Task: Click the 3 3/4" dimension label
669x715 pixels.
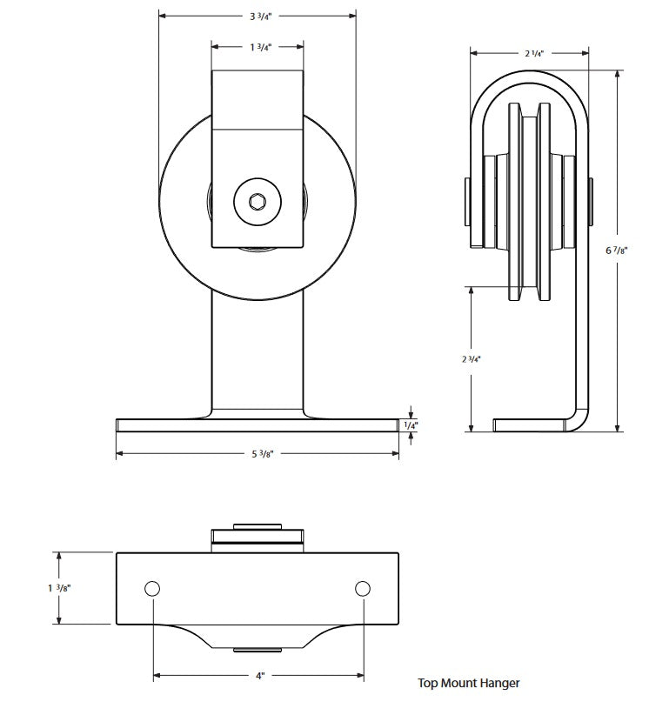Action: click(x=258, y=16)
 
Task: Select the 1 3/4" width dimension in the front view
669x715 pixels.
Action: click(x=258, y=48)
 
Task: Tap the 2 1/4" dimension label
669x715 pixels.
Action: click(x=534, y=54)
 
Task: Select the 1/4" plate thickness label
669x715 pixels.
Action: click(x=411, y=425)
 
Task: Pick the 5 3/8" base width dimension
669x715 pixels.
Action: click(x=258, y=453)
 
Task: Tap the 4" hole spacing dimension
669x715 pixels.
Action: click(x=258, y=676)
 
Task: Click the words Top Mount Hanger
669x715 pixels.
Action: click(x=468, y=683)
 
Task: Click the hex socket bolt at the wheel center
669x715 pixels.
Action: click(x=258, y=203)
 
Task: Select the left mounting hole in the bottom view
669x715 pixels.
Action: click(x=152, y=589)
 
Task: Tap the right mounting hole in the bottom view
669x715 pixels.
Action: click(x=363, y=589)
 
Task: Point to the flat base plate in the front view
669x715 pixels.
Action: click(x=258, y=425)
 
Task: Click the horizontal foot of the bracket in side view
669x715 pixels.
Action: click(x=535, y=425)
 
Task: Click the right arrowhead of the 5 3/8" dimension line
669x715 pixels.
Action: click(x=396, y=453)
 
